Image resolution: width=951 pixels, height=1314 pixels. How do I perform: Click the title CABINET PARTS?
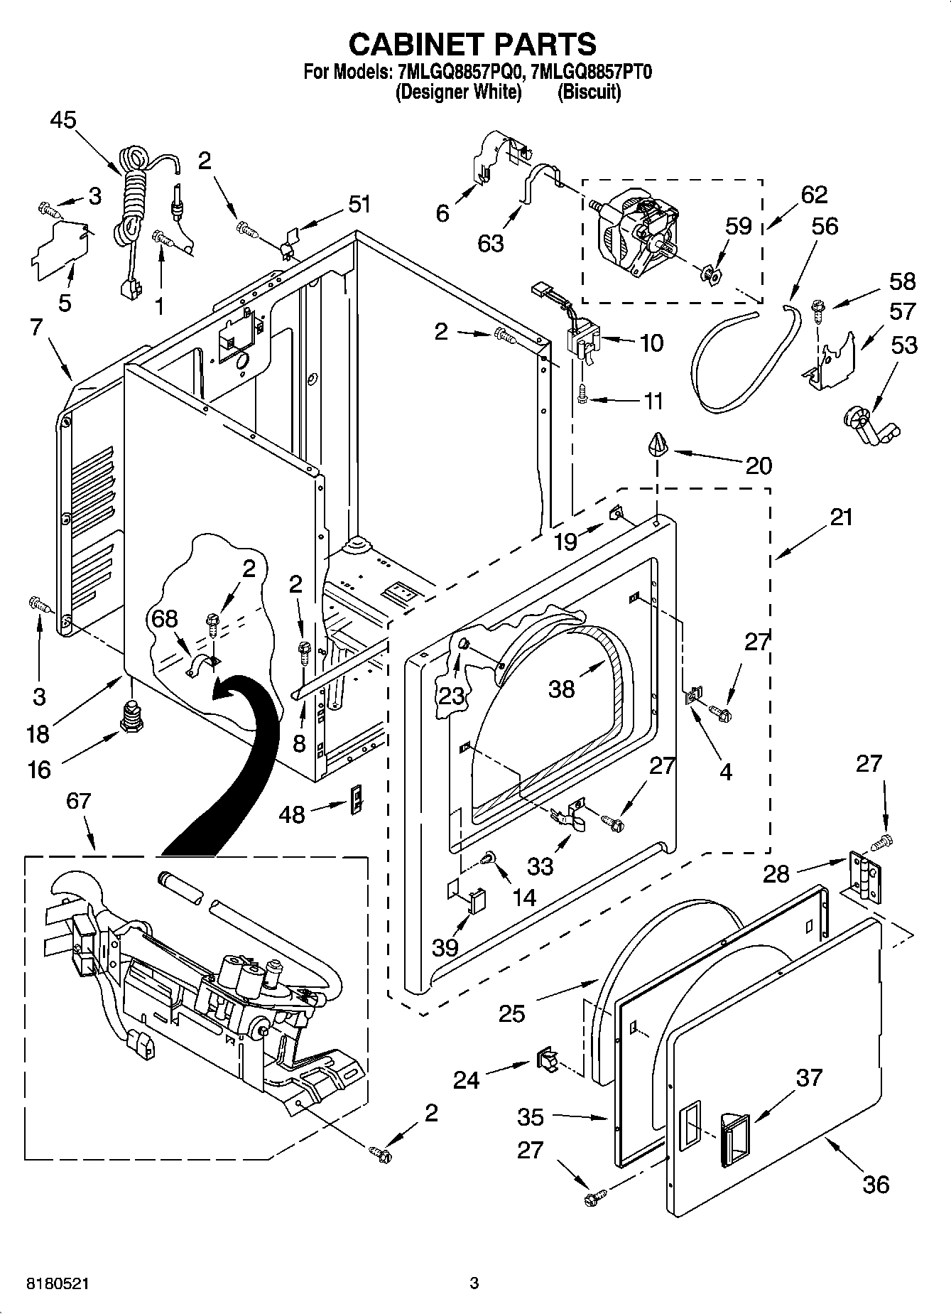coord(472,44)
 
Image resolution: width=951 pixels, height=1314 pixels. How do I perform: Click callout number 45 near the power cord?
coord(63,121)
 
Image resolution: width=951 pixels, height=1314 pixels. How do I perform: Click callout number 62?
coord(814,195)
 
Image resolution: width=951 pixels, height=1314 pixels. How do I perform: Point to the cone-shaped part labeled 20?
coord(658,445)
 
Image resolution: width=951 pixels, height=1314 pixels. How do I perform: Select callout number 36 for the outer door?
coord(876,1184)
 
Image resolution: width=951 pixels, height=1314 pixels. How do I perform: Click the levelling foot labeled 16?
coord(131,713)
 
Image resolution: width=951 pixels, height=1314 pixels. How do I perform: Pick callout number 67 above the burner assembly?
coord(78,801)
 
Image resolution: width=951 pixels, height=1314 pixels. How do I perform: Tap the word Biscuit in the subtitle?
coord(589,92)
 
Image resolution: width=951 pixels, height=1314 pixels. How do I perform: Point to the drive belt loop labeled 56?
coord(739,362)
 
